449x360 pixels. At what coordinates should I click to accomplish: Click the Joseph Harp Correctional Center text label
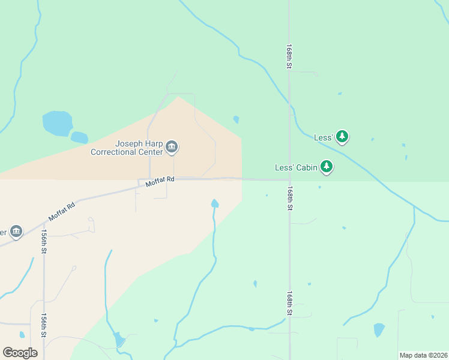[127, 148]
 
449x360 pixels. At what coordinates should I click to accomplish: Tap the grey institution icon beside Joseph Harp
[172, 146]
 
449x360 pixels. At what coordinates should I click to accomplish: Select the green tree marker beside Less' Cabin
[326, 167]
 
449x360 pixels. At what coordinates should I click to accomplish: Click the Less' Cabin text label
[296, 168]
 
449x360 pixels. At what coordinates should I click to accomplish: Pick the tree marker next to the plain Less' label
[342, 137]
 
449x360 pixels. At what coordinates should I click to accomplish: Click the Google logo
[20, 352]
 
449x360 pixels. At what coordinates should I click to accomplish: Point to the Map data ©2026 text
[423, 355]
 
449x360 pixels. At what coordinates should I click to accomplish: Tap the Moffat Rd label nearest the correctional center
[160, 179]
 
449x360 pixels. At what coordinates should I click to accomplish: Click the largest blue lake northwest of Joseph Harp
[57, 123]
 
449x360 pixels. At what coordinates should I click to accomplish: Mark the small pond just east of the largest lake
[79, 137]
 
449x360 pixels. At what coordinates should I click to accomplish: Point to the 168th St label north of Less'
[289, 56]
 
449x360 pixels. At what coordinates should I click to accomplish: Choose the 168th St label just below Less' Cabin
[289, 197]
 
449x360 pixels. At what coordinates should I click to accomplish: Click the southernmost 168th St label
[289, 303]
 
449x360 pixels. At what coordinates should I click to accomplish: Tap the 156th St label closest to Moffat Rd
[44, 241]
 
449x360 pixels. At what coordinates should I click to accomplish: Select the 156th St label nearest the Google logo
[44, 325]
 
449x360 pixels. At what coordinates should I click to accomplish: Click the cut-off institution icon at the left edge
[16, 232]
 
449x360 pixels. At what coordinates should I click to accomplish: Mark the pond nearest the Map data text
[379, 329]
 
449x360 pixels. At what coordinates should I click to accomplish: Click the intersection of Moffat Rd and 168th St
[289, 179]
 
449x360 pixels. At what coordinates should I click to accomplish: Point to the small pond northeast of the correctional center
[236, 119]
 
